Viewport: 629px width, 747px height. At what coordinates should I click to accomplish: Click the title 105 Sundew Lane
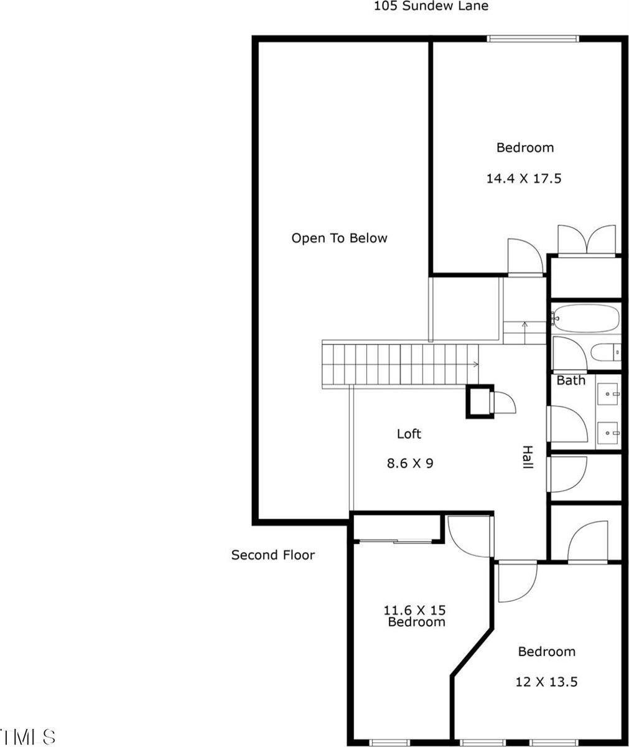431,6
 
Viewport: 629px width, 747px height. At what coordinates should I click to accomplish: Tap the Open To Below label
339,238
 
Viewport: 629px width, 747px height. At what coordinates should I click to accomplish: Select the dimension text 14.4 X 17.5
524,179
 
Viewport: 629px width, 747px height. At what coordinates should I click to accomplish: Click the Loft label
409,434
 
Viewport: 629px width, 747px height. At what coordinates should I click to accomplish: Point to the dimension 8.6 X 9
409,463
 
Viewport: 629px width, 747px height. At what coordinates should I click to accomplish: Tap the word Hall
527,458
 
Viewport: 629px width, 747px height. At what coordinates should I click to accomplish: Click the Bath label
571,380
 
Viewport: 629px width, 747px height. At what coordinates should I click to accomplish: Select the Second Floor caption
273,555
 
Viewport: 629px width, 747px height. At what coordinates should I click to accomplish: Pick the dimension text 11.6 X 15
415,609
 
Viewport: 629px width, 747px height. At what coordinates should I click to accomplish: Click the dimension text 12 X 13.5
546,682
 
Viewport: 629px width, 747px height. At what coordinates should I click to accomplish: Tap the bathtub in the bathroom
585,318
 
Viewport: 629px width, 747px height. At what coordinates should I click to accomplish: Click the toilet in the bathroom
605,353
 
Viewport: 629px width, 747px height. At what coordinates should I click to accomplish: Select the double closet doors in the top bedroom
588,240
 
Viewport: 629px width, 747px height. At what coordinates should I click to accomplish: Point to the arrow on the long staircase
475,364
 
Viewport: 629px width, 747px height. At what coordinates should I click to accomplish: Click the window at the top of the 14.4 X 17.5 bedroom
533,39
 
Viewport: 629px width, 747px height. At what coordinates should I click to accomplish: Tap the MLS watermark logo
28,736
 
